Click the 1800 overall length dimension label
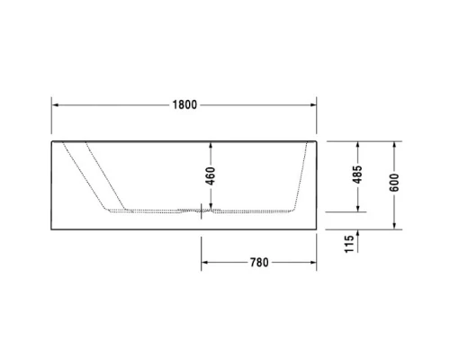pyautogui.click(x=184, y=103)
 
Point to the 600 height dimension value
pyautogui.click(x=393, y=184)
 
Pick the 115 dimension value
pyautogui.click(x=350, y=244)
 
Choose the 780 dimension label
pyautogui.click(x=259, y=263)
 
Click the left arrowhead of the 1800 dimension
pyautogui.click(x=55, y=103)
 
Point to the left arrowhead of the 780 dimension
pyautogui.click(x=203, y=263)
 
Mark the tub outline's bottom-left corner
pyautogui.click(x=51, y=228)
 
